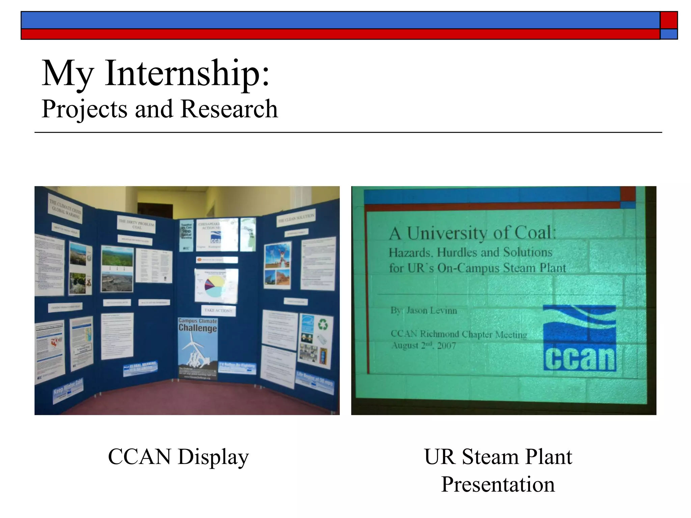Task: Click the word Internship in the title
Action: (187, 73)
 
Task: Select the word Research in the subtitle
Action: (229, 109)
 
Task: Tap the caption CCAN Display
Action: (178, 457)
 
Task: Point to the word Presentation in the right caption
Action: (498, 484)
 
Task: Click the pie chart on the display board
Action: (216, 285)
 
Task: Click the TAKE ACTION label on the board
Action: (218, 310)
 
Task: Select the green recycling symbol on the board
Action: (323, 325)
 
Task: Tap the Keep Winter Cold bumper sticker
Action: (68, 390)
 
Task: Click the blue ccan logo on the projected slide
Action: (580, 338)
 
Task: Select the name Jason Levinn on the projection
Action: (432, 310)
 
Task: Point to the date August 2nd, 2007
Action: (423, 346)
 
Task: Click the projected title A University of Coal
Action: (472, 233)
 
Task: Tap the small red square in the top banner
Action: (669, 20)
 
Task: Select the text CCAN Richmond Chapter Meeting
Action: (459, 334)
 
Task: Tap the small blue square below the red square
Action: (669, 34)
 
